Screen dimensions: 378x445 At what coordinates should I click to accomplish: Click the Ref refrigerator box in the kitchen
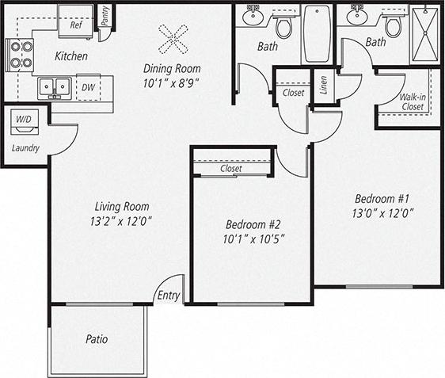pos(76,25)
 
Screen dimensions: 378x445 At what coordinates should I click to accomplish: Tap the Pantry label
pos(105,16)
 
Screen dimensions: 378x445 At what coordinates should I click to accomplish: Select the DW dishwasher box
pos(88,87)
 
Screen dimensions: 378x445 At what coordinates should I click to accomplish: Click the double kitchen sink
pos(55,86)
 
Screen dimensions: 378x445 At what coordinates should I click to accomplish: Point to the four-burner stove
pos(19,55)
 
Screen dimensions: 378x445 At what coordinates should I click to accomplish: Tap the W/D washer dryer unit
pos(23,121)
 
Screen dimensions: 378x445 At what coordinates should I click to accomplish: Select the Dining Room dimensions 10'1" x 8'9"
pos(170,81)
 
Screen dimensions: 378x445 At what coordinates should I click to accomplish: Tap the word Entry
pos(169,296)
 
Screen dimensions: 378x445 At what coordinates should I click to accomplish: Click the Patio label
pos(96,339)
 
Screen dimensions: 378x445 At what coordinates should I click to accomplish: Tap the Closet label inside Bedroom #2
pos(231,169)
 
